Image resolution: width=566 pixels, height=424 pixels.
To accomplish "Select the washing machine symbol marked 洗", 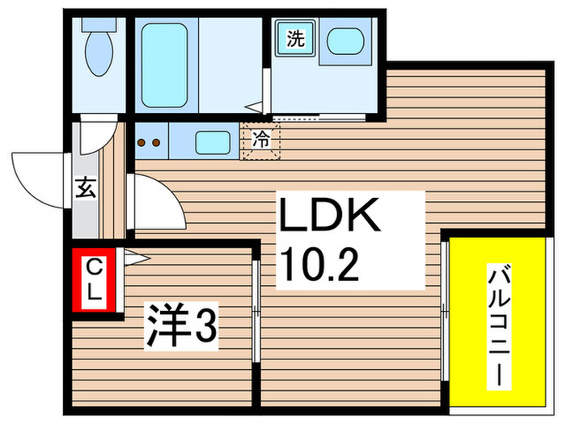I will (x=294, y=39).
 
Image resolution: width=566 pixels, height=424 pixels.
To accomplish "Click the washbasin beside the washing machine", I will (x=346, y=40).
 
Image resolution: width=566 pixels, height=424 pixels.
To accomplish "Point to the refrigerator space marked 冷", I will (x=260, y=140).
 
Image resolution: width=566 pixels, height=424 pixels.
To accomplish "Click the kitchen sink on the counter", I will (x=212, y=144).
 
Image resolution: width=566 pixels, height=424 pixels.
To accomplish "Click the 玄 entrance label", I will (x=84, y=190).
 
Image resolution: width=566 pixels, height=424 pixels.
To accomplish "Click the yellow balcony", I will (x=493, y=323).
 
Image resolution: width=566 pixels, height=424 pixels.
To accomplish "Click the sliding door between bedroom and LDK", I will (x=255, y=310).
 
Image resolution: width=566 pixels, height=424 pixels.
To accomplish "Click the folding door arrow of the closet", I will (x=134, y=258).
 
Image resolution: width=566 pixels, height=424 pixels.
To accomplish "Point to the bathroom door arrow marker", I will (x=255, y=106).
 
